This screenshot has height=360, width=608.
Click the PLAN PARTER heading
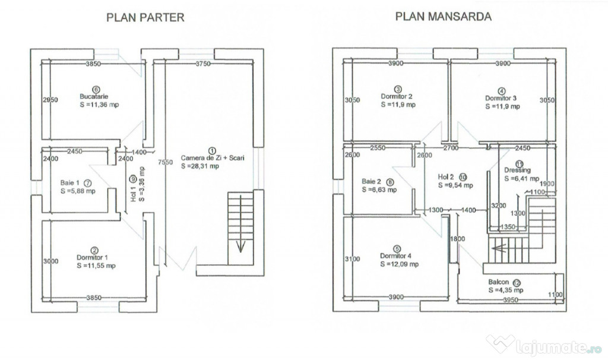[145, 17]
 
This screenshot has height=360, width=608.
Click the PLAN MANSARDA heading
[444, 17]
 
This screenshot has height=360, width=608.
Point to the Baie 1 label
[69, 184]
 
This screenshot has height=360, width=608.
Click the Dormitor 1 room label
[95, 257]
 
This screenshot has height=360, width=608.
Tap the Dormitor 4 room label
[397, 257]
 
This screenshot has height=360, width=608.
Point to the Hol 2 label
[446, 176]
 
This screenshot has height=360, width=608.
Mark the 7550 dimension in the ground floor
[166, 162]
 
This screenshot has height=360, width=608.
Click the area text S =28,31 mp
[201, 167]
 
